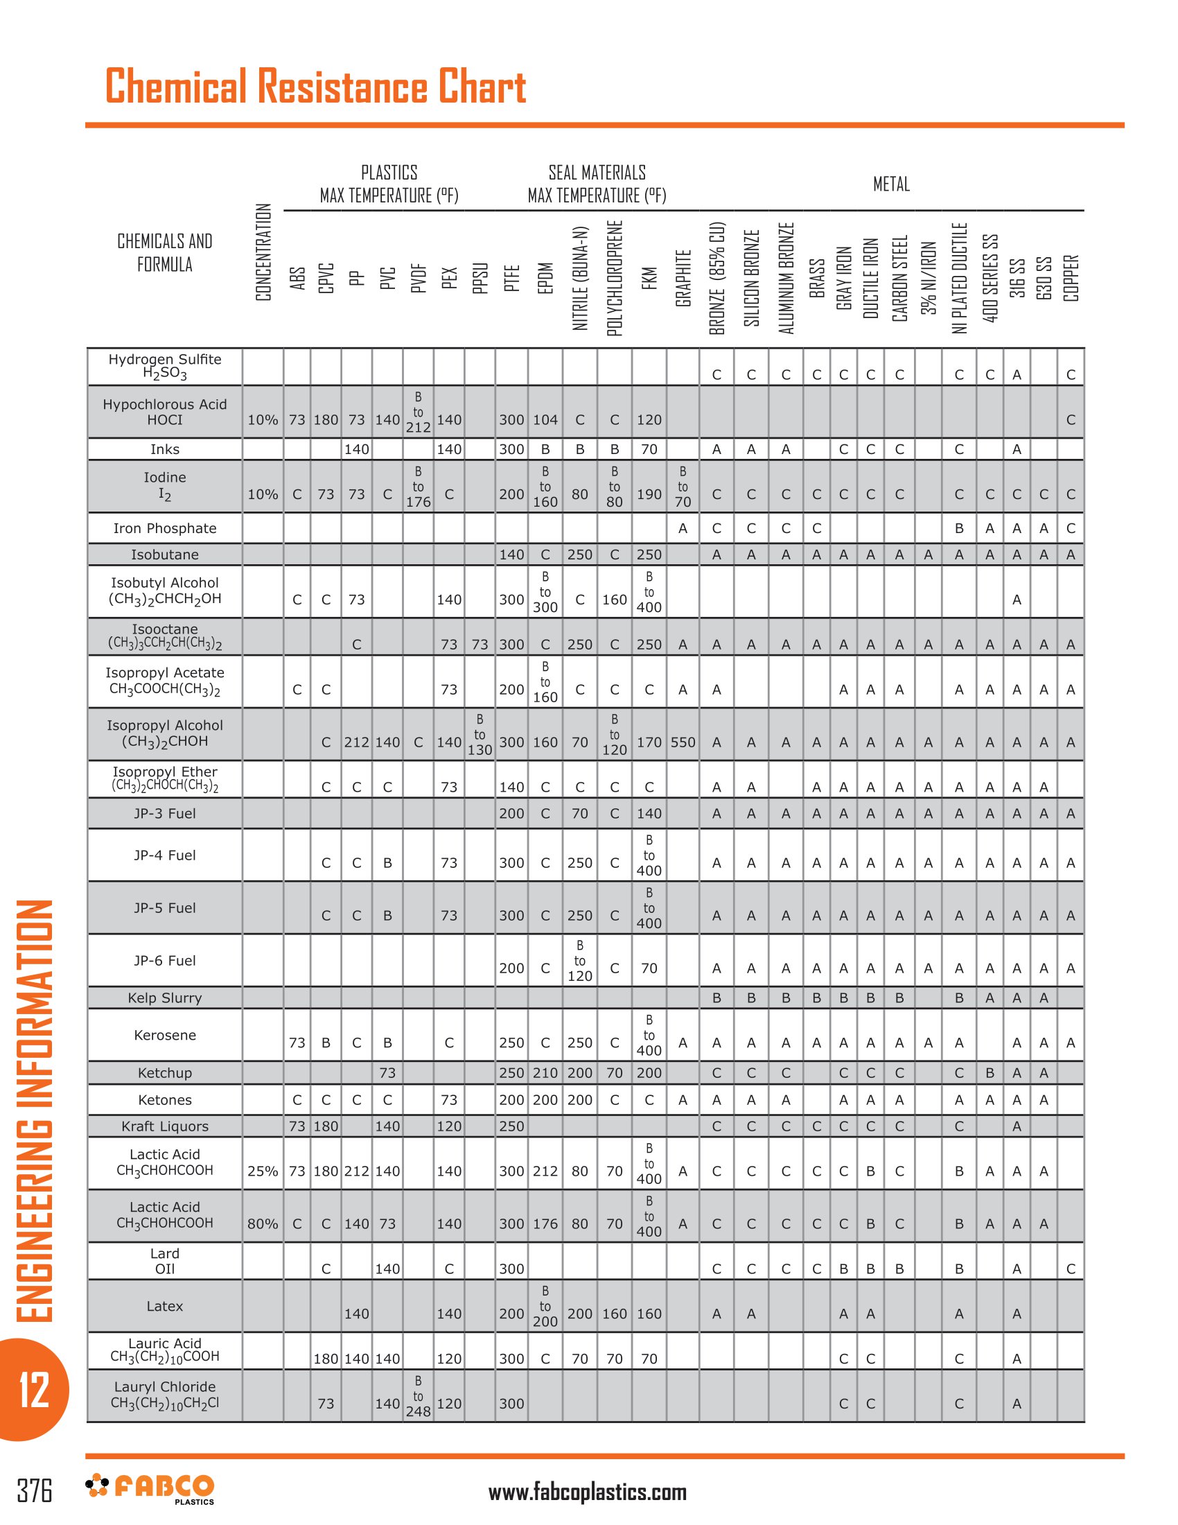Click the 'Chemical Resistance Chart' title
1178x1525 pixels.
coord(315,87)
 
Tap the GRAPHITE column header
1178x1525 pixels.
coord(683,278)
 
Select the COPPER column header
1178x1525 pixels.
coord(1071,278)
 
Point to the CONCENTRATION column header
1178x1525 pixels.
coord(263,252)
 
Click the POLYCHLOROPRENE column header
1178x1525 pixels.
coord(614,278)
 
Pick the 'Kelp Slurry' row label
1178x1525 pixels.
coord(165,997)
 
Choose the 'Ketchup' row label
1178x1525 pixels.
coord(165,1072)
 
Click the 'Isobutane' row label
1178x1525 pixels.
coord(165,555)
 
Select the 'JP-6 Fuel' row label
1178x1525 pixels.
coord(165,960)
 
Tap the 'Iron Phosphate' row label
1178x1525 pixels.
coord(165,529)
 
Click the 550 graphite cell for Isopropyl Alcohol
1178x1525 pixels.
coord(683,742)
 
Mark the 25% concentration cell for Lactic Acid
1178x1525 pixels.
coord(263,1171)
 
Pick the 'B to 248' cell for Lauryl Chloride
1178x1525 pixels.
coord(418,1396)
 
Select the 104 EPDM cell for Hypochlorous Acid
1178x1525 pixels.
coord(545,419)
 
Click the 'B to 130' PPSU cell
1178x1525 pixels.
coord(480,735)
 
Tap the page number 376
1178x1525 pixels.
coord(34,1490)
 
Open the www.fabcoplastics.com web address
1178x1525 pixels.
coord(588,1492)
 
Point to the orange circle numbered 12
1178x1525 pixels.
coord(33,1390)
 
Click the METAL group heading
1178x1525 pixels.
coord(891,184)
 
